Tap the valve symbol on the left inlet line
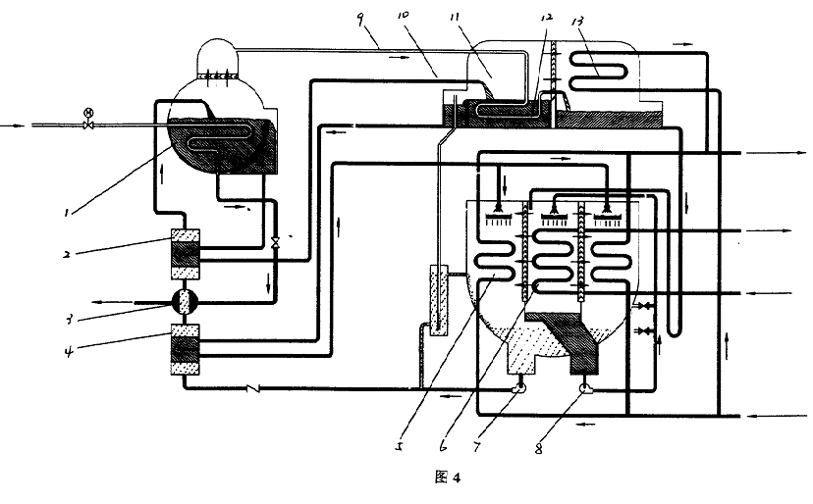pyautogui.click(x=88, y=125)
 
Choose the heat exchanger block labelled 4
pyautogui.click(x=186, y=348)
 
